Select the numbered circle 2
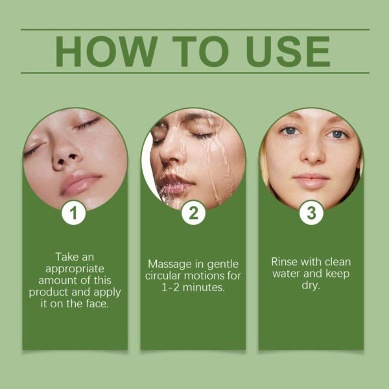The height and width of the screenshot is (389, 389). pos(193,213)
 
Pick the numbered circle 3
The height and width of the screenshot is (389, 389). pos(311,213)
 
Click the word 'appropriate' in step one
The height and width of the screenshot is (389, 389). pos(75,268)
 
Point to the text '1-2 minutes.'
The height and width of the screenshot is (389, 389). pos(193,287)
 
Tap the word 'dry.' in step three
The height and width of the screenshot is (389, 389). pos(311,285)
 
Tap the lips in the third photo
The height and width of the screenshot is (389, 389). pos(312,180)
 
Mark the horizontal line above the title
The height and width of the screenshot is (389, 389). pos(194,29)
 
